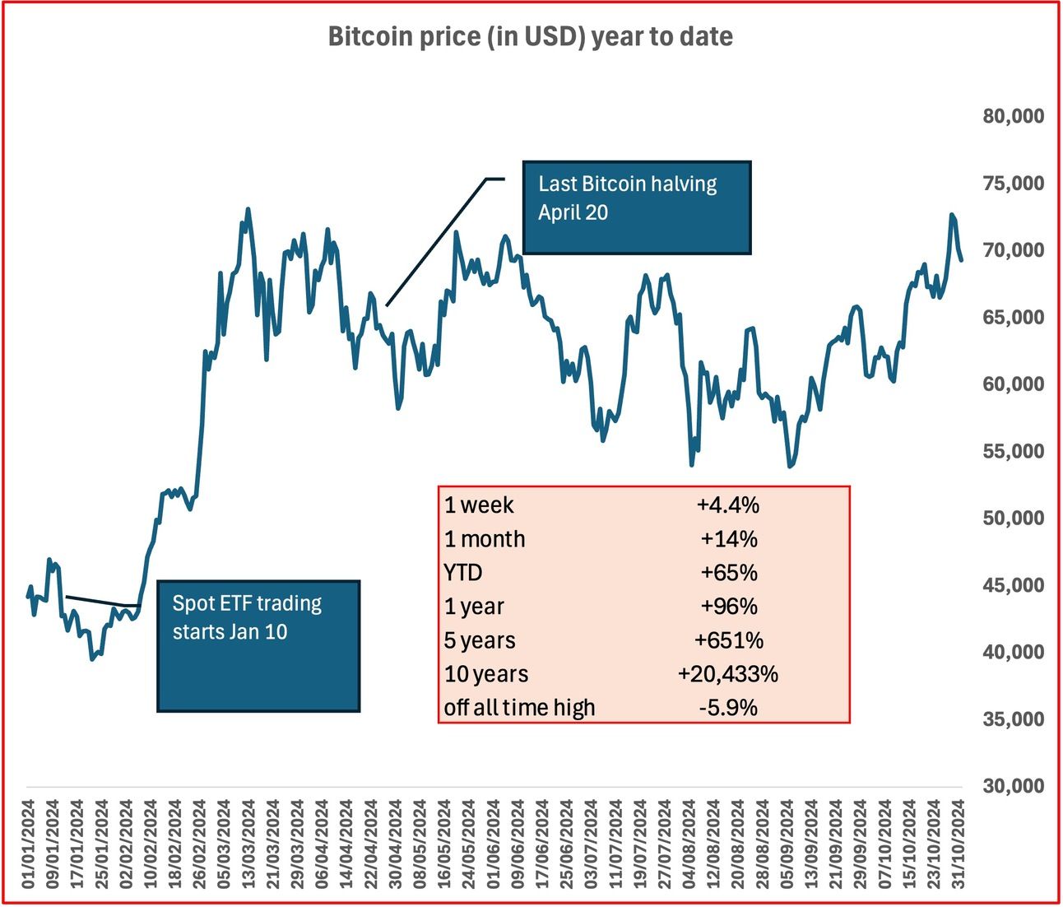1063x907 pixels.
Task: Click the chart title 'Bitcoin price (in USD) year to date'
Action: coord(530,37)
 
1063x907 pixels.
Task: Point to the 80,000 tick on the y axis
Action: coord(1013,116)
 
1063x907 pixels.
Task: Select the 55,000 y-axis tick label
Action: coord(1013,451)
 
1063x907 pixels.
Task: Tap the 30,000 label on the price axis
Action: coord(1013,786)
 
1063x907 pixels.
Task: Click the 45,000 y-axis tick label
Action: coord(1013,585)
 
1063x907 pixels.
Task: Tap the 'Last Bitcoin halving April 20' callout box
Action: coord(636,207)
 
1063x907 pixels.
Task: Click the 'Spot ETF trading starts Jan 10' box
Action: coord(258,646)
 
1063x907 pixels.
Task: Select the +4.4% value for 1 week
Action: coord(727,505)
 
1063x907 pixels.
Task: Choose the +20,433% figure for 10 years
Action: coord(727,674)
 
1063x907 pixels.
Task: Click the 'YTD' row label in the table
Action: coord(463,573)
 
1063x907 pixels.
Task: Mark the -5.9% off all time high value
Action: coord(727,708)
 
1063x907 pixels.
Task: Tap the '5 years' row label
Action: coord(480,640)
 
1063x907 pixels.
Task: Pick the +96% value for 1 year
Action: coord(727,607)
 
